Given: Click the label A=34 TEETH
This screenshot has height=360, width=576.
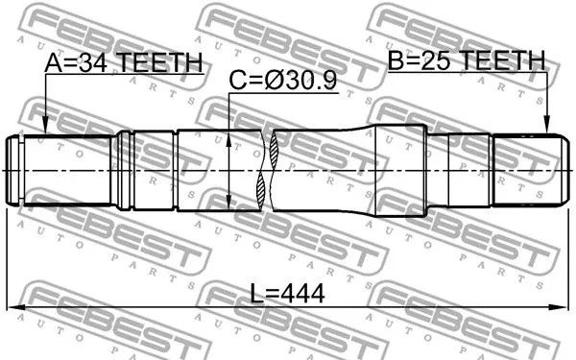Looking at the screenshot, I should coord(125,62).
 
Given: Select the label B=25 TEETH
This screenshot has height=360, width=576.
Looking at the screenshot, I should coord(466,62).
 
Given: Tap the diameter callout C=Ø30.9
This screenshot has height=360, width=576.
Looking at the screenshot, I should coord(282,84).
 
